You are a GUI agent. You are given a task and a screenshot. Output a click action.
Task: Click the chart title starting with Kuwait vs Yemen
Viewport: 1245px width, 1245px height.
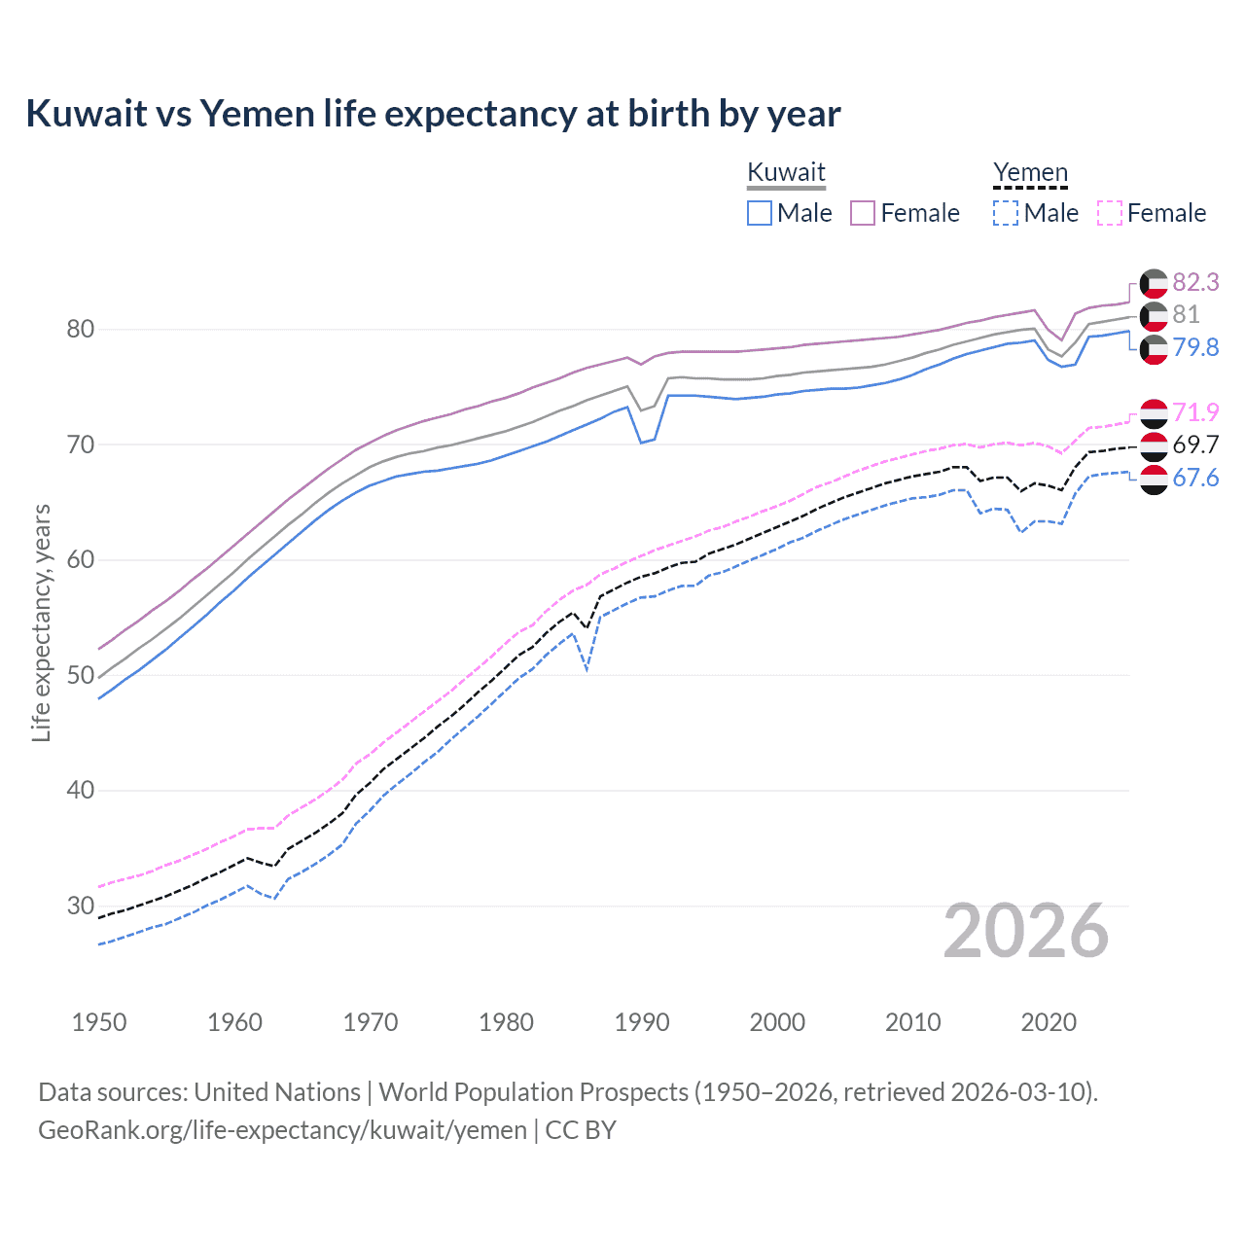433,114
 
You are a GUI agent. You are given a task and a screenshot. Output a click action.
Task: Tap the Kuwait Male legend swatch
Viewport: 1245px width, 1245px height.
760,213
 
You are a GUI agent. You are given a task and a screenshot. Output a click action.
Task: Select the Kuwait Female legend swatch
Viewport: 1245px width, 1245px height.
863,213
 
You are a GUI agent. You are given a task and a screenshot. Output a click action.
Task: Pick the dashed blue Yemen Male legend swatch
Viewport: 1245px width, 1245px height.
1006,213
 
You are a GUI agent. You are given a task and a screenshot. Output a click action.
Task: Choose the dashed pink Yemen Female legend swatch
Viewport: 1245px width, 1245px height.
1109,213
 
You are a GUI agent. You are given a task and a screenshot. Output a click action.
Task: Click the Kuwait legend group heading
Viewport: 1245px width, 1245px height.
786,172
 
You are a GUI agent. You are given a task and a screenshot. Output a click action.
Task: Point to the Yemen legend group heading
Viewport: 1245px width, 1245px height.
1030,172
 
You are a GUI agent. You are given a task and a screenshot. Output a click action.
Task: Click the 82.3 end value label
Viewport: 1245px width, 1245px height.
1195,282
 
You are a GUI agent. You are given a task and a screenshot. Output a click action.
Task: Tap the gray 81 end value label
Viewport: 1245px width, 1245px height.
1186,314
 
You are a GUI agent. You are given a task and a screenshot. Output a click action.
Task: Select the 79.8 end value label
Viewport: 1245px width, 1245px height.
1195,347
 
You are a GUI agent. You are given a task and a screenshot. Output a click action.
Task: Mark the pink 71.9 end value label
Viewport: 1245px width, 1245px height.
1195,412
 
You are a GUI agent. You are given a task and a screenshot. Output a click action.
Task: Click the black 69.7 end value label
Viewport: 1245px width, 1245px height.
1195,445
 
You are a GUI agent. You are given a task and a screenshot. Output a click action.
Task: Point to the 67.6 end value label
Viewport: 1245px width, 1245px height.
1195,478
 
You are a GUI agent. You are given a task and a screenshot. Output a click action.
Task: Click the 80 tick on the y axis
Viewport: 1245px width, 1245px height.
81,329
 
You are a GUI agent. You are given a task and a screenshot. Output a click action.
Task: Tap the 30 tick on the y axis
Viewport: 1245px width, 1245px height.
81,906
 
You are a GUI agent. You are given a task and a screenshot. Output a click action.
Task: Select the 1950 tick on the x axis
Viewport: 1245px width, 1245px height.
99,1022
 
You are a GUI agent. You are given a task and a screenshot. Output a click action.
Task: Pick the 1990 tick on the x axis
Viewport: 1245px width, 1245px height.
642,1022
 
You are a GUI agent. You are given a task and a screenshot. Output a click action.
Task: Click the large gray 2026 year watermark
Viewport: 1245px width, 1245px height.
1025,931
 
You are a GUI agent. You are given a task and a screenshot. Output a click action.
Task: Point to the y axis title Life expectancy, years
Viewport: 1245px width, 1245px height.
41,622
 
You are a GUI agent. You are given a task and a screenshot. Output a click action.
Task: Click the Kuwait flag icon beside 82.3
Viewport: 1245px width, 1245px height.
1154,283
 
